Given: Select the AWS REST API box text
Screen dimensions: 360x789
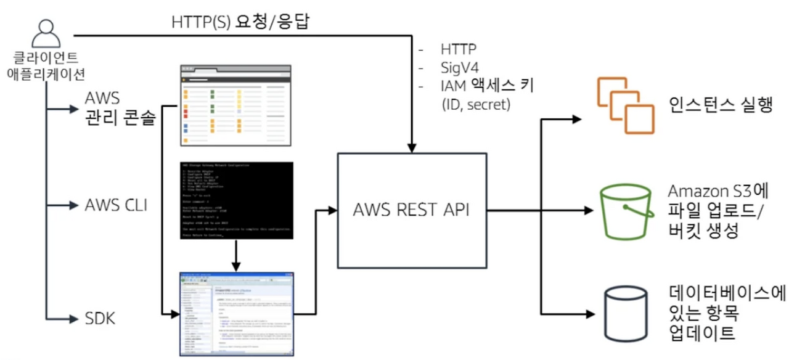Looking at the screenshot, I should click(x=412, y=210).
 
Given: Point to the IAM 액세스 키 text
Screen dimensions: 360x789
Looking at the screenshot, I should click(x=487, y=85).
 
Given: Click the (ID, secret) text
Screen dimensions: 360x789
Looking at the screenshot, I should click(x=476, y=105).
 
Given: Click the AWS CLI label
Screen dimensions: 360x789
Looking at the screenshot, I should click(x=115, y=205).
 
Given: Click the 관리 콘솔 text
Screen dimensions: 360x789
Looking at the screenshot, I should click(x=119, y=118).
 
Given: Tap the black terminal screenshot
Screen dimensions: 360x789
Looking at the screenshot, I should click(x=236, y=200).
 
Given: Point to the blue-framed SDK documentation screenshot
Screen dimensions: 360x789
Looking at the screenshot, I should click(x=236, y=313).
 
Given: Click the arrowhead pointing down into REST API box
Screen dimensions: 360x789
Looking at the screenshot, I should click(x=412, y=147).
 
